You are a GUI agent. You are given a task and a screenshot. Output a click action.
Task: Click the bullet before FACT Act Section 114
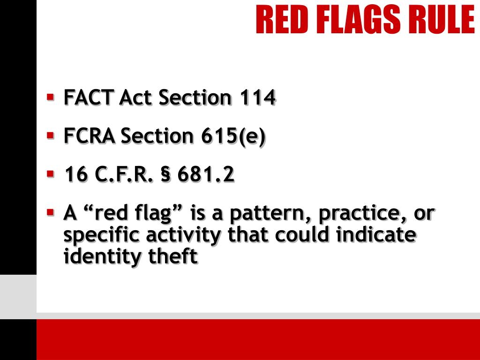coord(50,97)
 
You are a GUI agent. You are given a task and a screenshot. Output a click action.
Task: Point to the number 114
coord(257,97)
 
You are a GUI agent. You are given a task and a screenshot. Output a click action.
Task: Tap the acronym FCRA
coord(90,136)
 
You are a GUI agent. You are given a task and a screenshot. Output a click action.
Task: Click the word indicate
coord(376,234)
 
